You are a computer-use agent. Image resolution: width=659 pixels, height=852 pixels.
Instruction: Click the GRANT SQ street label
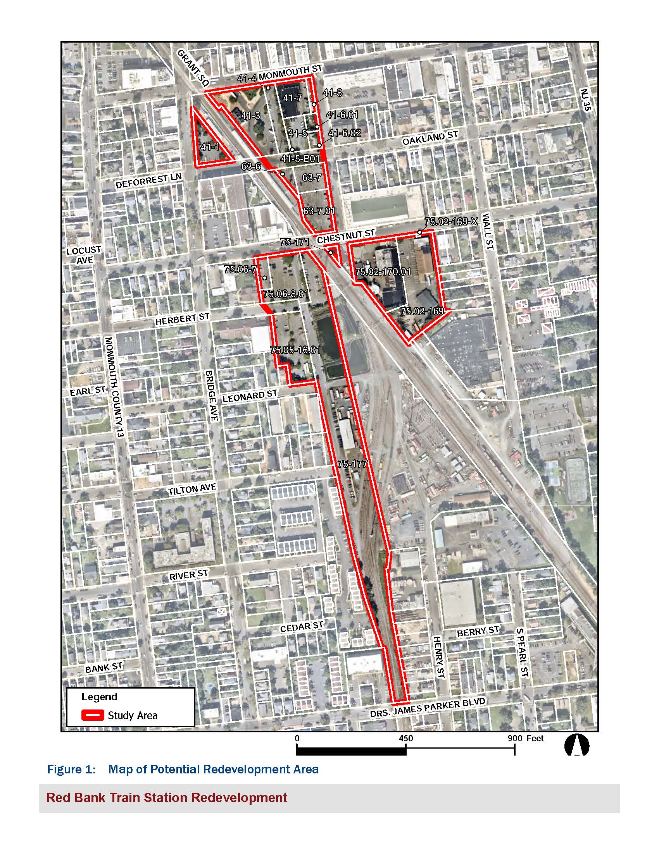(193, 67)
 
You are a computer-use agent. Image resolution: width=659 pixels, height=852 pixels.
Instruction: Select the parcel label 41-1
(210, 147)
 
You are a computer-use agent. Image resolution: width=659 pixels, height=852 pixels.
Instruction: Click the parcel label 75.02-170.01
(383, 271)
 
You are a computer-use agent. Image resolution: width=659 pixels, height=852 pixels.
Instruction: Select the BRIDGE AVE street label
(211, 395)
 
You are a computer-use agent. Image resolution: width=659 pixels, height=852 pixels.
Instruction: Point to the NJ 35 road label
(586, 100)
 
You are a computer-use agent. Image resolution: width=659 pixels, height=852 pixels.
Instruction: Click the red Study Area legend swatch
(93, 715)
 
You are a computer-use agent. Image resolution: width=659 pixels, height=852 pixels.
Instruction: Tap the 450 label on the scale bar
(406, 738)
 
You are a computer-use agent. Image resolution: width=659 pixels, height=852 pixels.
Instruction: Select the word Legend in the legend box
(99, 697)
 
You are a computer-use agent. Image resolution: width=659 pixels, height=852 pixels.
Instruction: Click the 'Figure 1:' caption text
(71, 769)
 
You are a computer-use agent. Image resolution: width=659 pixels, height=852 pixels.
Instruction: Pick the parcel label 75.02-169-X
(451, 222)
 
